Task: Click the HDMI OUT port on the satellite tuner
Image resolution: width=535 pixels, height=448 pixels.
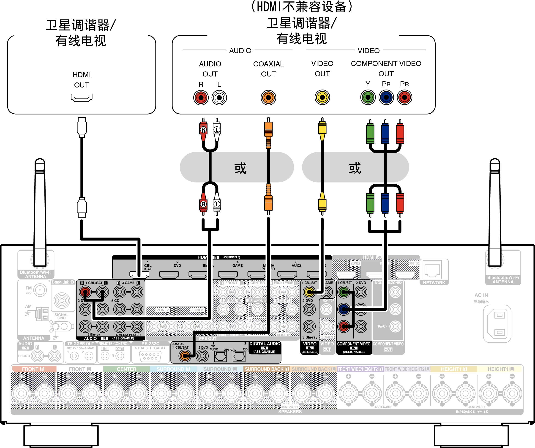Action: [x=82, y=98]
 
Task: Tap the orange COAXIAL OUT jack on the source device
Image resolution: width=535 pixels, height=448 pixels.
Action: [x=268, y=98]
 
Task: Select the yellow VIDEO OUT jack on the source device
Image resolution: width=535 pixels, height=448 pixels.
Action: [x=322, y=97]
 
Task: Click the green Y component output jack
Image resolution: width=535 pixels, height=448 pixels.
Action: [x=368, y=97]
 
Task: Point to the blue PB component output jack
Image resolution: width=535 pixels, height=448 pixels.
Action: [x=386, y=97]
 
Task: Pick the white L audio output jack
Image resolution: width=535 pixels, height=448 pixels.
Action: [x=219, y=98]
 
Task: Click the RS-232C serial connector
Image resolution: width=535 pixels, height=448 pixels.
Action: [x=150, y=356]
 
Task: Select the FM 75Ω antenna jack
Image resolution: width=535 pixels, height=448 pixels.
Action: [x=40, y=290]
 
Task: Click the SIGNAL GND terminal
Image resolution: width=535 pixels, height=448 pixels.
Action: [x=62, y=301]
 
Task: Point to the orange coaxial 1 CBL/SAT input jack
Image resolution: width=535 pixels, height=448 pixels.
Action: [x=184, y=356]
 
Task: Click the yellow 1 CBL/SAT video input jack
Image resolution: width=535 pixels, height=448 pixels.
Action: [x=309, y=292]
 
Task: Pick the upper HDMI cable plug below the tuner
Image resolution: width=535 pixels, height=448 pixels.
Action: [x=82, y=127]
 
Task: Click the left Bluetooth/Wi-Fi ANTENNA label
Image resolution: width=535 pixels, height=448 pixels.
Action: [x=36, y=274]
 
